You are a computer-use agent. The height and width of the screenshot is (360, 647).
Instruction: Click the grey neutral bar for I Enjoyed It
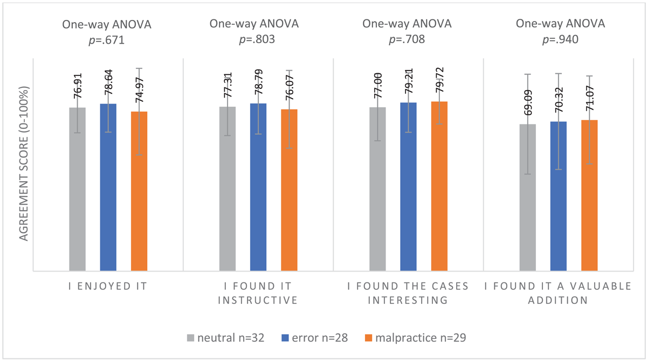(77, 189)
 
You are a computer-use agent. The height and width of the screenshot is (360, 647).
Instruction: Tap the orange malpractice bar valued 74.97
(139, 191)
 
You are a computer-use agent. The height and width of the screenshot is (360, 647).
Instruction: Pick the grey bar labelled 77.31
(228, 189)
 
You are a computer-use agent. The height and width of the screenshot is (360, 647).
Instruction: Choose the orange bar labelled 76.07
(289, 190)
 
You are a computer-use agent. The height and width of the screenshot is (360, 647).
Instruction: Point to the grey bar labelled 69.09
(528, 197)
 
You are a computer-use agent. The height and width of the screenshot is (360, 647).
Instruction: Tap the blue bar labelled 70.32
(559, 196)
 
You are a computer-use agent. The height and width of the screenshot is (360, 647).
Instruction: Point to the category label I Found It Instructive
(258, 293)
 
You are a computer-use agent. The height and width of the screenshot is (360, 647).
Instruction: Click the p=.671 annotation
(108, 40)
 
